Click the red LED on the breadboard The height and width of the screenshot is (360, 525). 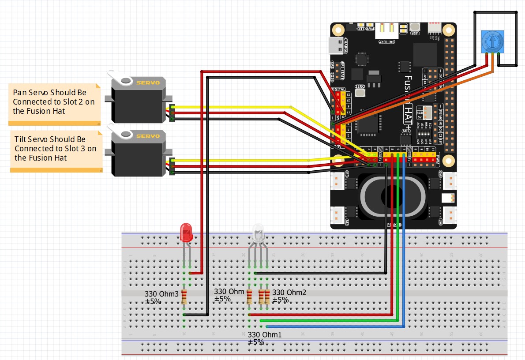coord(186,232)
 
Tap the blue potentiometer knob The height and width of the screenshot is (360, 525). coord(491,41)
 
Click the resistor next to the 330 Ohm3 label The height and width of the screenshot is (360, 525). coord(184,296)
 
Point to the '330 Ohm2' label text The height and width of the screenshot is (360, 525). coord(289,292)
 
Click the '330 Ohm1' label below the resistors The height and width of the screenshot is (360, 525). coord(265,335)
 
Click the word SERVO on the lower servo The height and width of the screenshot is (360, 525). coord(148,136)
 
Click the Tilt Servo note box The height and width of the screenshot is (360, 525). coord(56,149)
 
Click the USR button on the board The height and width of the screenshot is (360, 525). coord(415,27)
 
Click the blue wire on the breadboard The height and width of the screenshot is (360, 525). coord(335,326)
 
